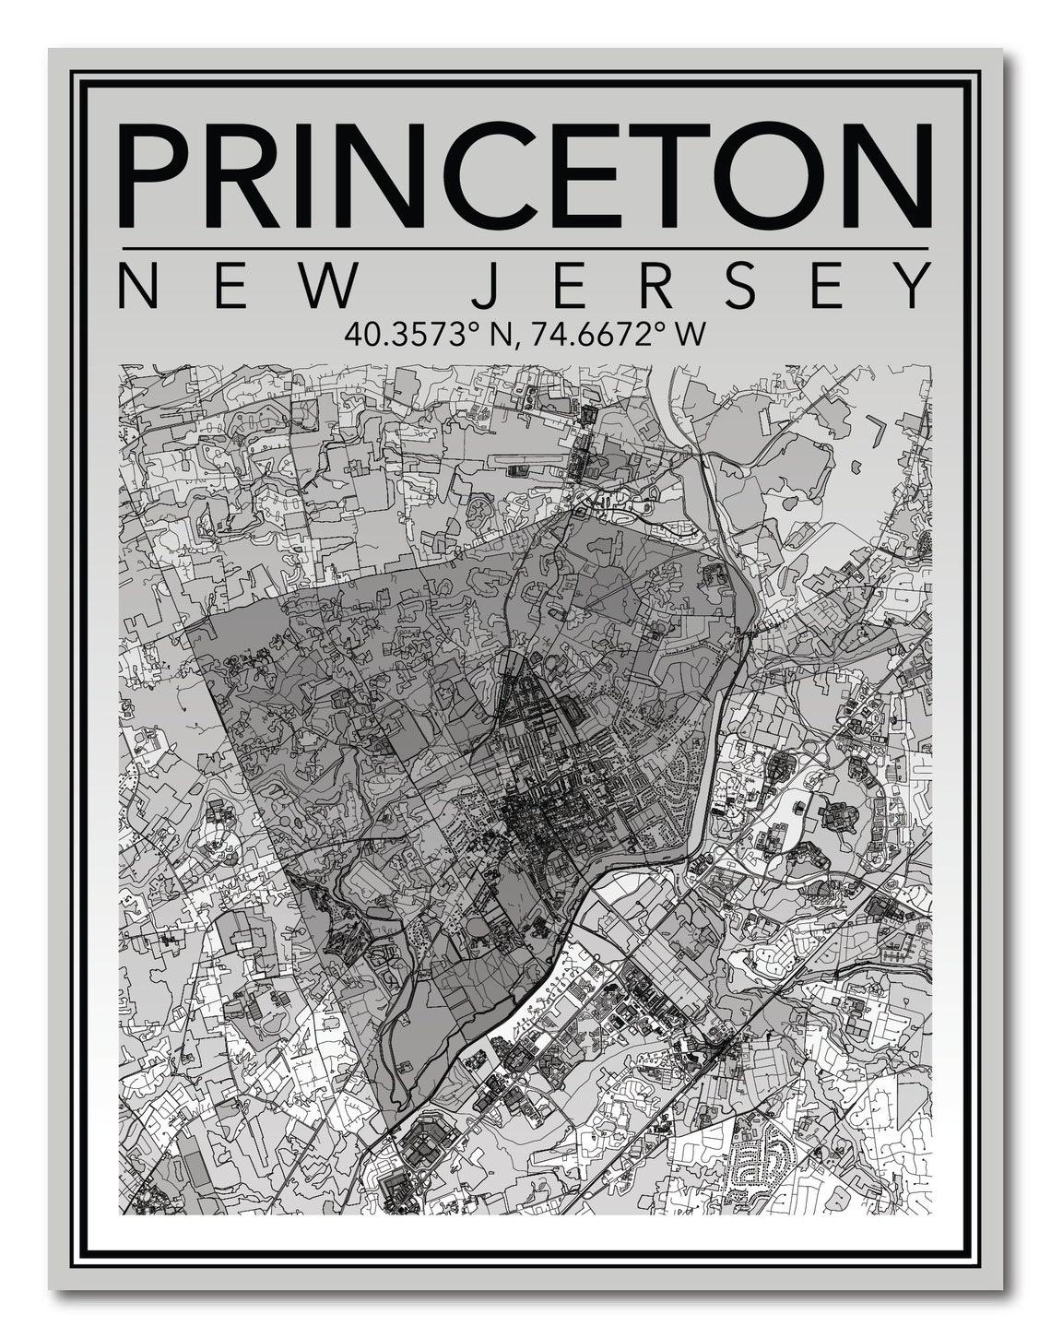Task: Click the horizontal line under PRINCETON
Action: click(x=524, y=249)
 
